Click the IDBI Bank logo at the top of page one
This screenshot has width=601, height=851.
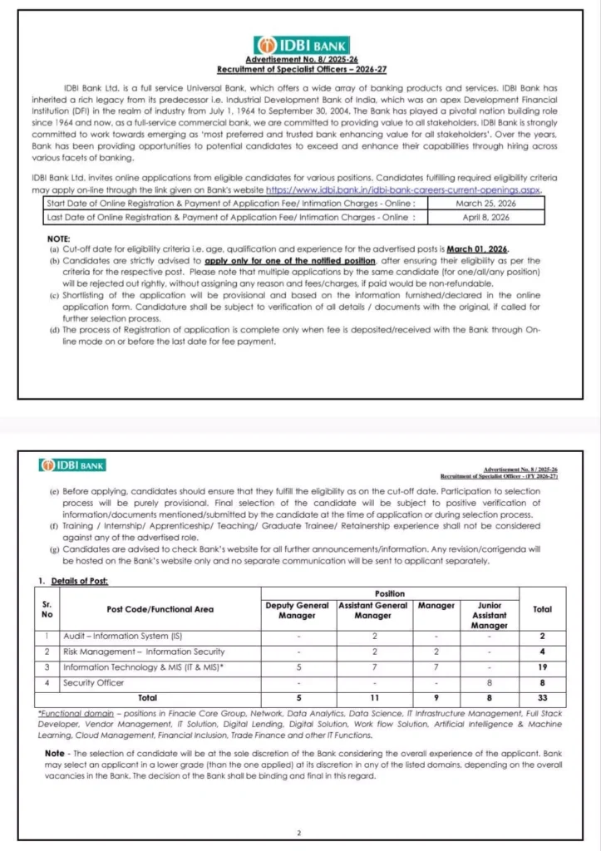302,45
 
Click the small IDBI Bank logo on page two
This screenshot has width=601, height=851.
71,465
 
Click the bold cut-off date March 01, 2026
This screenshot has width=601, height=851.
478,250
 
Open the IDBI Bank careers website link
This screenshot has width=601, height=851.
403,190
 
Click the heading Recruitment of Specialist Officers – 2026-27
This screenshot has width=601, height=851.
301,69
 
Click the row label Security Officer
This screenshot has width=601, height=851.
94,682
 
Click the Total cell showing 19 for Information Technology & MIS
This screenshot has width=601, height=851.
542,667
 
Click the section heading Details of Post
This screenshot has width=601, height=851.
78,580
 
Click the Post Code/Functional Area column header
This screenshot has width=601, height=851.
160,609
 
